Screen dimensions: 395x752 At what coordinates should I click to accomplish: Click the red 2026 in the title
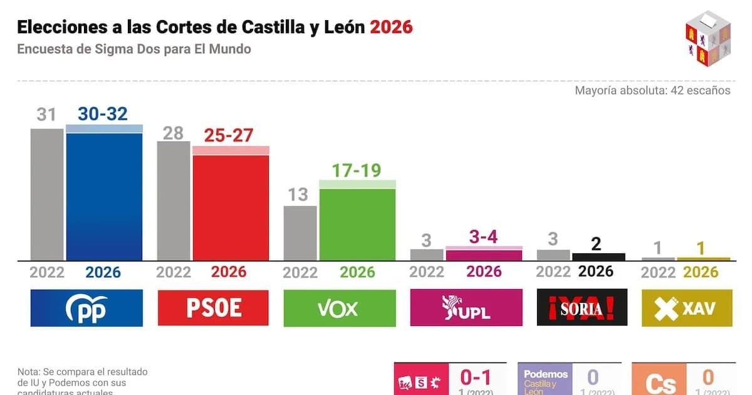[x=391, y=27]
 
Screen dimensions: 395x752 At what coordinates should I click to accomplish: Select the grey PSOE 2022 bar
[x=174, y=201]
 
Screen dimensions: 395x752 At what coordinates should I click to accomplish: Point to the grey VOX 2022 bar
[x=300, y=233]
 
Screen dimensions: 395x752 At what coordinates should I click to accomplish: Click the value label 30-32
[x=102, y=113]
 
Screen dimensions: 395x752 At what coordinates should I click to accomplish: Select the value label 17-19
[x=357, y=170]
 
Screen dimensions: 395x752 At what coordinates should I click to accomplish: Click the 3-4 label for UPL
[x=484, y=237]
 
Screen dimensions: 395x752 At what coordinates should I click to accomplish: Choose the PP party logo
[x=86, y=308]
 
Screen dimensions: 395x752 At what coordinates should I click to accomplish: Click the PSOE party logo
[x=213, y=308]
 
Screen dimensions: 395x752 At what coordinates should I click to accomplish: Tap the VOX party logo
[x=339, y=308]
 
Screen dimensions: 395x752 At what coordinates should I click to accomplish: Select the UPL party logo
[x=466, y=308]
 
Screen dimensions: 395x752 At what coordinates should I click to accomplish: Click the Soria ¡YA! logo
[x=582, y=308]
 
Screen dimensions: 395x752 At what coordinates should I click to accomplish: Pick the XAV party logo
[x=686, y=308]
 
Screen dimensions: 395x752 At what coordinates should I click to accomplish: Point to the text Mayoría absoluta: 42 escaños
[x=652, y=90]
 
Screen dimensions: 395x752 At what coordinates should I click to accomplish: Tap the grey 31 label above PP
[x=46, y=115]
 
